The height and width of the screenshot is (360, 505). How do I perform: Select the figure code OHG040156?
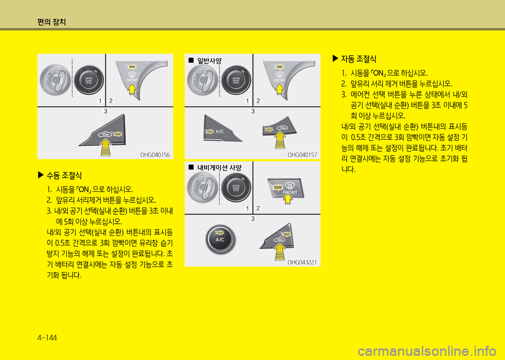pos(155,155)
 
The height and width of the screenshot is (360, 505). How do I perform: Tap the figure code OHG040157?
pos(302,155)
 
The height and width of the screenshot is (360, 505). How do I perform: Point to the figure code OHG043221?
pos(302,262)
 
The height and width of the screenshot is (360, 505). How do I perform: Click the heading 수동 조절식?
pos(63,175)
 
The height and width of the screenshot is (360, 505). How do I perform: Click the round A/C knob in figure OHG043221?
pos(220,239)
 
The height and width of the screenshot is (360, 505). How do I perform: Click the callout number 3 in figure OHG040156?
pos(106,111)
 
